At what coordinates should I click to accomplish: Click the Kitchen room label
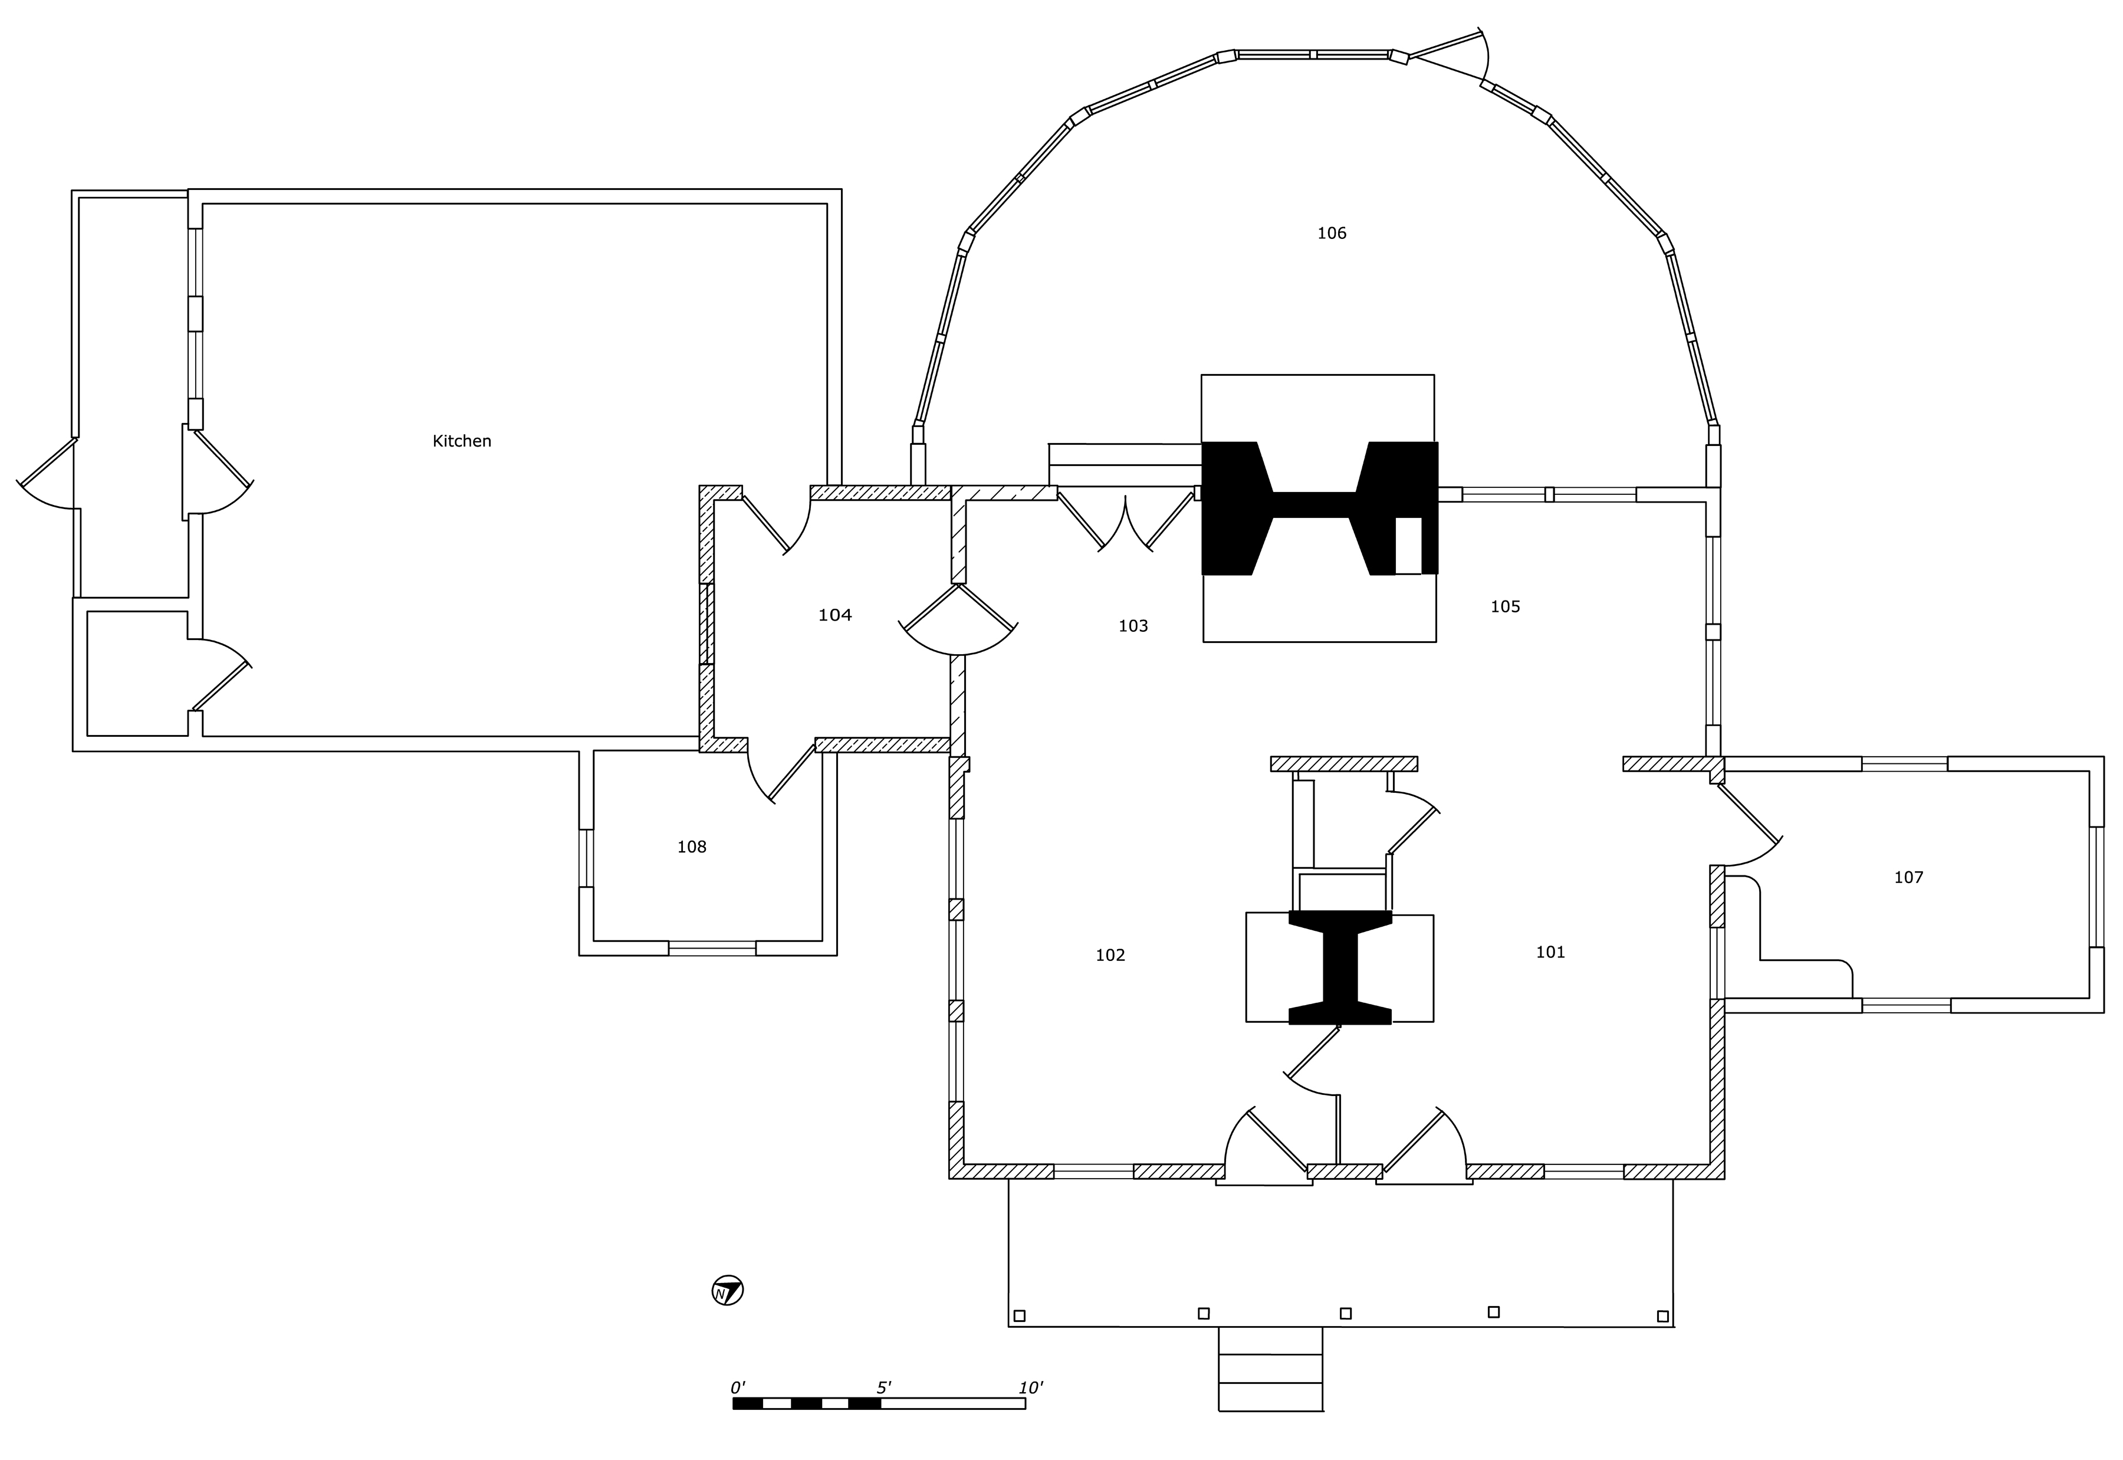coord(462,441)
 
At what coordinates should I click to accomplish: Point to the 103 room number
coord(1133,626)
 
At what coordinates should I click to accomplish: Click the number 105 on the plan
coord(1505,606)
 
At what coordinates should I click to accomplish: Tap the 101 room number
coord(1550,952)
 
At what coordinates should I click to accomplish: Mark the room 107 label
coord(1908,877)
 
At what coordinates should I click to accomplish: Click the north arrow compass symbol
coord(727,1291)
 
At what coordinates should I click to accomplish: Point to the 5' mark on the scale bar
coord(884,1387)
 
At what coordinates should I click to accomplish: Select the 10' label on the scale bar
coord(1030,1387)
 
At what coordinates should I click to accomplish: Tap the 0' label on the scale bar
coord(738,1387)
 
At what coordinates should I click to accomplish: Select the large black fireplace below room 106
coord(1319,508)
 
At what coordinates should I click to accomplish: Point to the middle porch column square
coord(1345,1314)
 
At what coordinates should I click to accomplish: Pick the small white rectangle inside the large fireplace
coord(1408,545)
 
